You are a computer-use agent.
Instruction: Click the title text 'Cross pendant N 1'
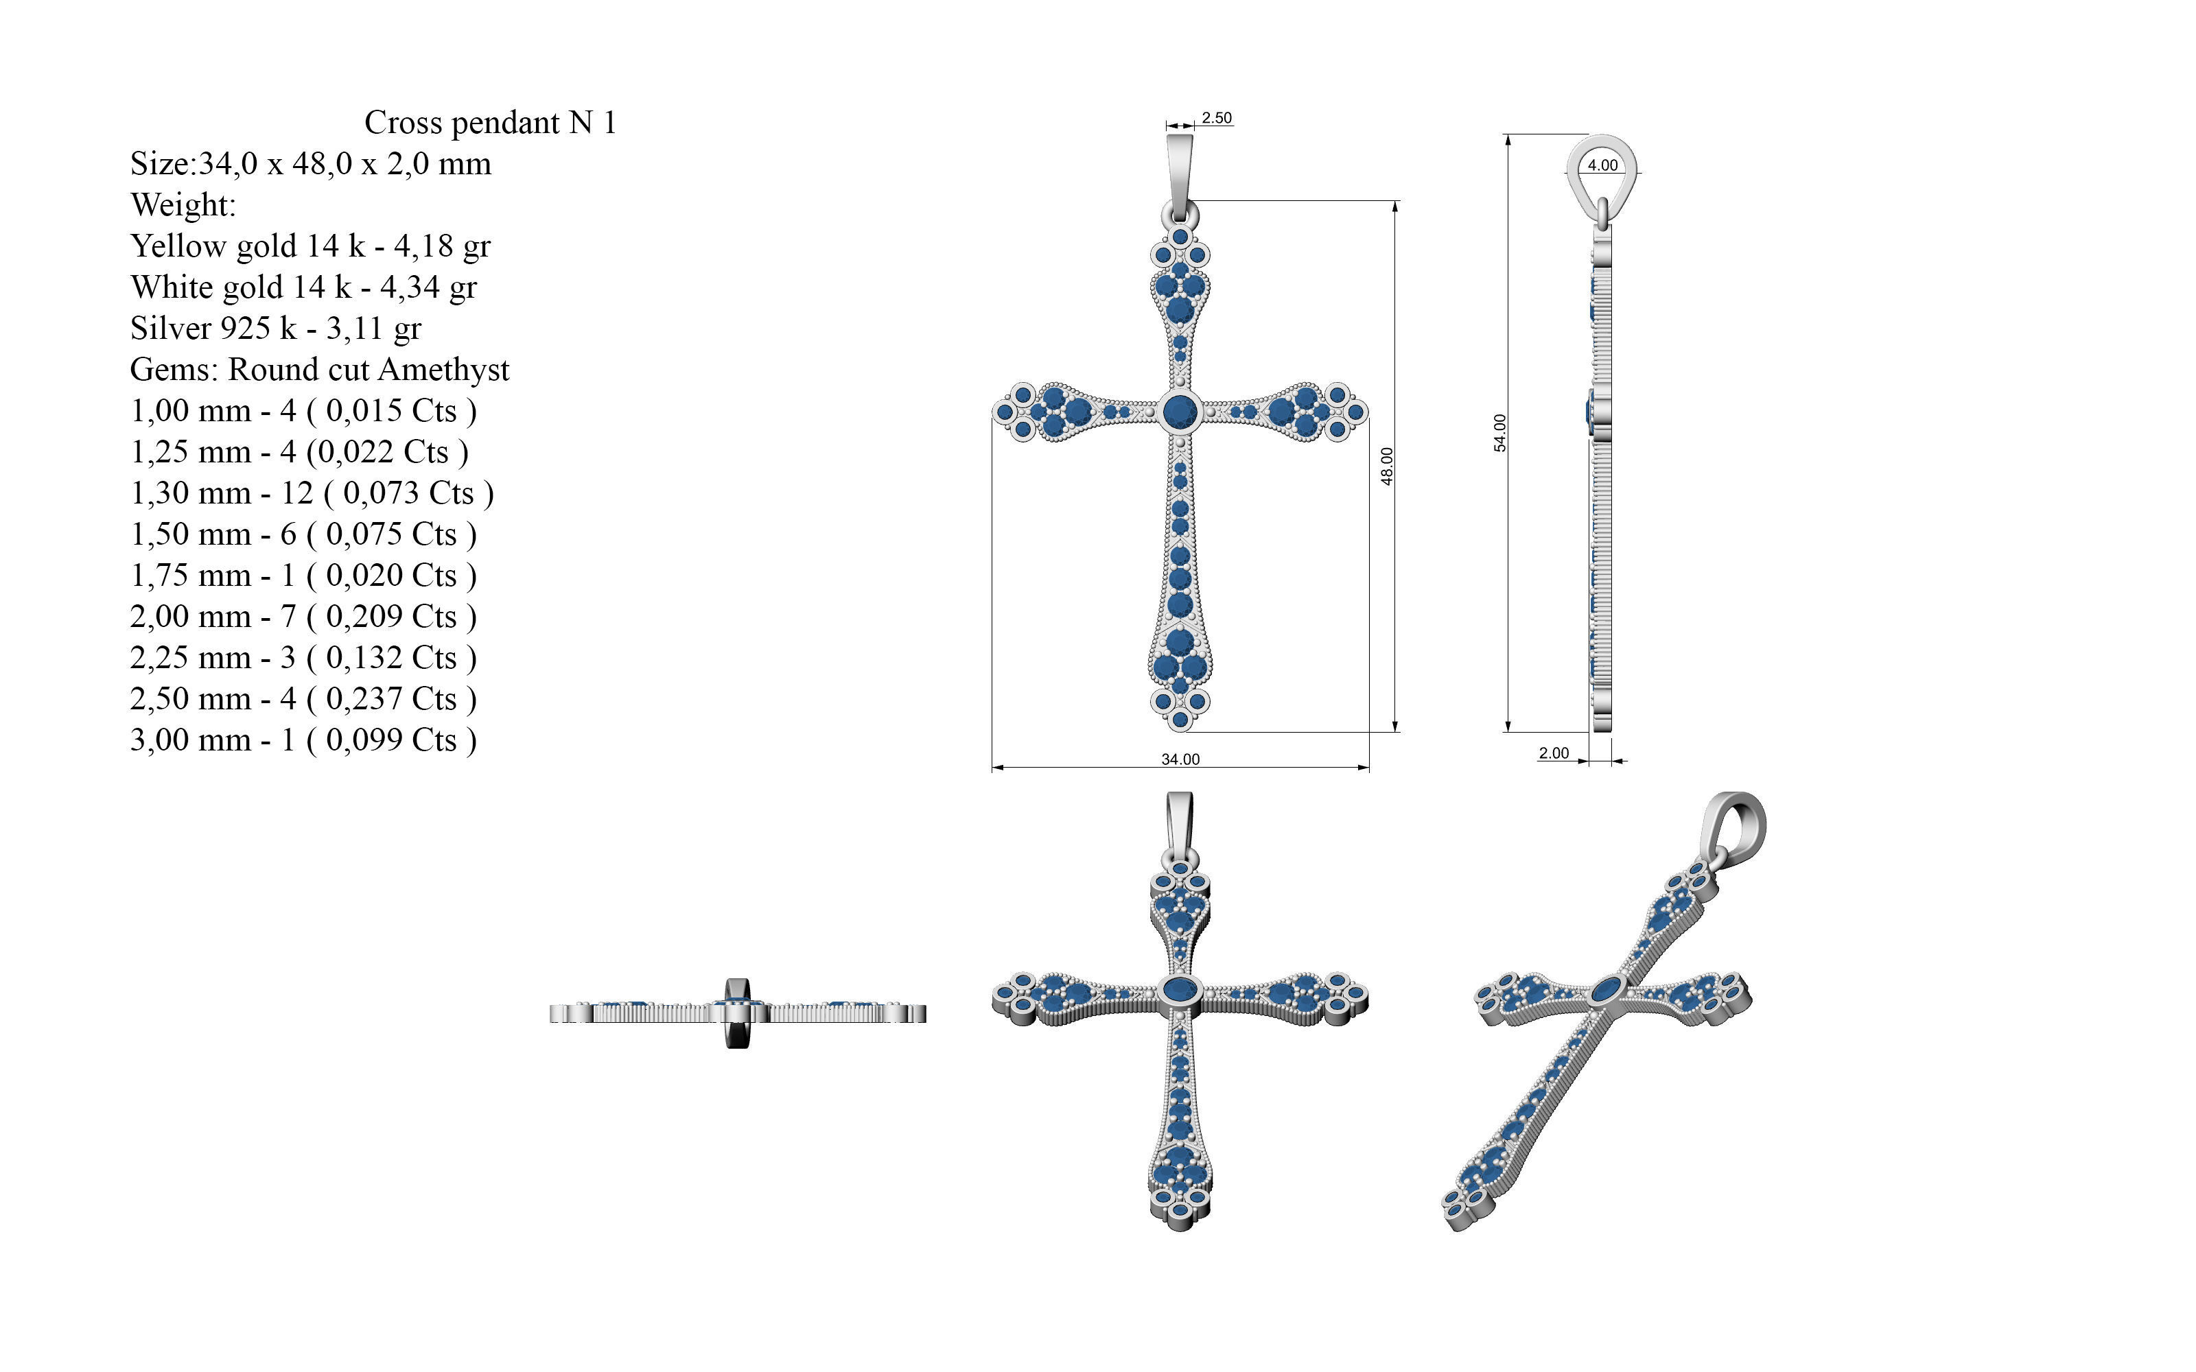click(x=490, y=123)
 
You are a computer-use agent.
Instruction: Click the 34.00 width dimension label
click(x=1180, y=759)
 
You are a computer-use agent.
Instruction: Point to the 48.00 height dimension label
click(x=1386, y=466)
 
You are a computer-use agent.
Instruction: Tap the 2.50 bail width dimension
click(x=1216, y=118)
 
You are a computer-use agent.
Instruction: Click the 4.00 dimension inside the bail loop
click(x=1602, y=165)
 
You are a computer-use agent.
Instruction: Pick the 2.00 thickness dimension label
click(x=1554, y=753)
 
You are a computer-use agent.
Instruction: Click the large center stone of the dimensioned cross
click(x=1180, y=411)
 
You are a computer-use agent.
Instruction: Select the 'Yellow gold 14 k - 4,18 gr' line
click(x=310, y=246)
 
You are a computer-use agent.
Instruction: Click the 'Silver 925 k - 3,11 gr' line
click(x=275, y=329)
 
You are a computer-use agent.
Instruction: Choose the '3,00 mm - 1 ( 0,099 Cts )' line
click(x=303, y=740)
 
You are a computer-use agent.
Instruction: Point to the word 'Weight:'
click(x=183, y=205)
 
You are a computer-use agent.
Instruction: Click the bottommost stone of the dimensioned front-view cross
click(x=1180, y=720)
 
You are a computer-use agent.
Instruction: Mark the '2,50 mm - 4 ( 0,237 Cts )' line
click(x=303, y=700)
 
